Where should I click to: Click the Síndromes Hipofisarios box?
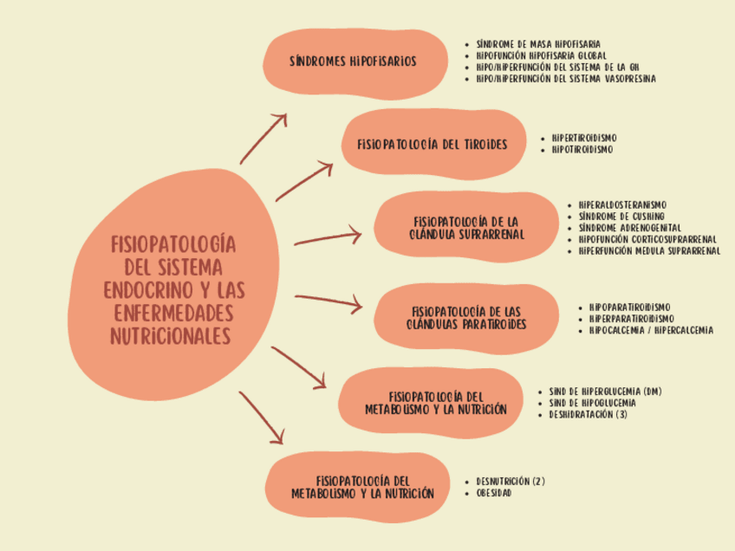coord(354,64)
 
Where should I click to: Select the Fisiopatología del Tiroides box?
coord(433,145)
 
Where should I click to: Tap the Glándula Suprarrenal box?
coord(466,227)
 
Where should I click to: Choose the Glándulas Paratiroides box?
coord(466,319)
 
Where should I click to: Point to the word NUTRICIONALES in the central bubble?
coord(171,336)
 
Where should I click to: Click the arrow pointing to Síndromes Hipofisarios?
coord(263,139)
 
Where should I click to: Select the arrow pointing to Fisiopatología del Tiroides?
coord(304,181)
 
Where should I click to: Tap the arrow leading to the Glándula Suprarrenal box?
coord(328,237)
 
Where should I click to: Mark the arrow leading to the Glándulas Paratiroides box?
coord(328,301)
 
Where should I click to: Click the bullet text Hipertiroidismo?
coord(584,139)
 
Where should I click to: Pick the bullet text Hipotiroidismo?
coord(582,150)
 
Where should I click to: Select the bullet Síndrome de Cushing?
coord(621,217)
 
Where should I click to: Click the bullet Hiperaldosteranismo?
coord(622,204)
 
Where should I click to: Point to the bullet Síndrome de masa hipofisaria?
coord(538,44)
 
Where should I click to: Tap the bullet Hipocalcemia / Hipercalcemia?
coord(651,330)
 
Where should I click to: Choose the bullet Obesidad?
coord(493,493)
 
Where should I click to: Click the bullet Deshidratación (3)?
coord(588,414)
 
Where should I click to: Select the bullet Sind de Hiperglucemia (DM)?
coord(605,392)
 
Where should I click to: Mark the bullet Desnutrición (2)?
coord(511,481)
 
